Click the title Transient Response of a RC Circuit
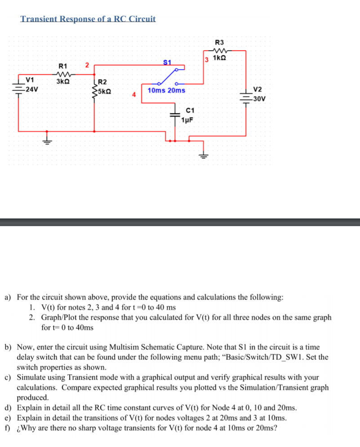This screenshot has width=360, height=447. pos(88,19)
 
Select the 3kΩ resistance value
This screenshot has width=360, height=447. pos(62,82)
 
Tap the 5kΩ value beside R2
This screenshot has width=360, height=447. pos(104,90)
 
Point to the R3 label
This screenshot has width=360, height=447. pos(220,42)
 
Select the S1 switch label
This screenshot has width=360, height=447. pos(167,62)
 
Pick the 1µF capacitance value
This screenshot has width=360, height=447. pos(187,119)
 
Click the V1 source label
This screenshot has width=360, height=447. pos(31,81)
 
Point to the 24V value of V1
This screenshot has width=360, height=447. pos(31,89)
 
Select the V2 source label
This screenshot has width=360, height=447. pos(258,89)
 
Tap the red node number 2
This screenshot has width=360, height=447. pos(88,66)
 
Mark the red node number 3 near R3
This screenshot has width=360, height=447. pos(206,59)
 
